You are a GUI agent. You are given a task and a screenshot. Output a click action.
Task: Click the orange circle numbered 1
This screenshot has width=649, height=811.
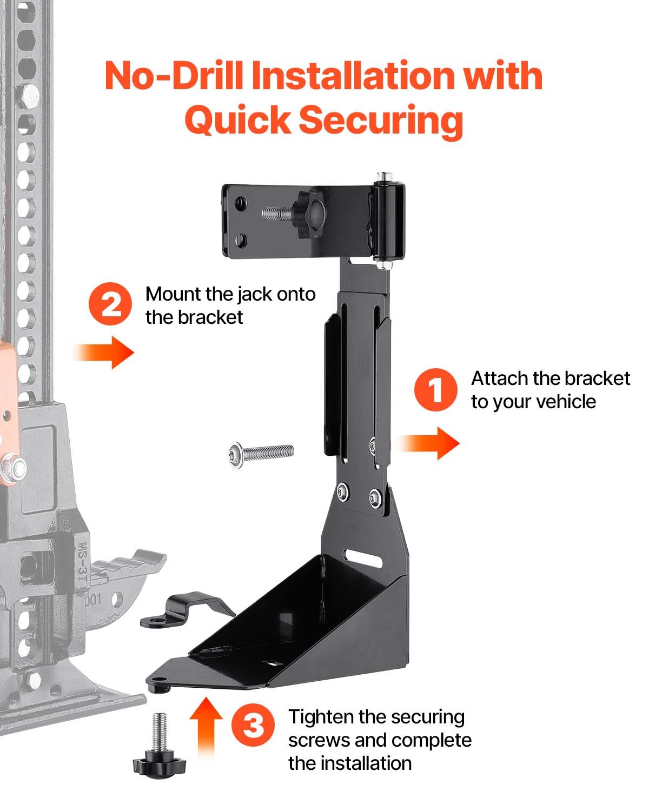[436, 390]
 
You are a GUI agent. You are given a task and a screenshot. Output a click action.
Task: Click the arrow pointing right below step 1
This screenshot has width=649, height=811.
[430, 443]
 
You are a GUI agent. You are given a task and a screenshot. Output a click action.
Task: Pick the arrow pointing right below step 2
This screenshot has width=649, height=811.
[104, 353]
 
